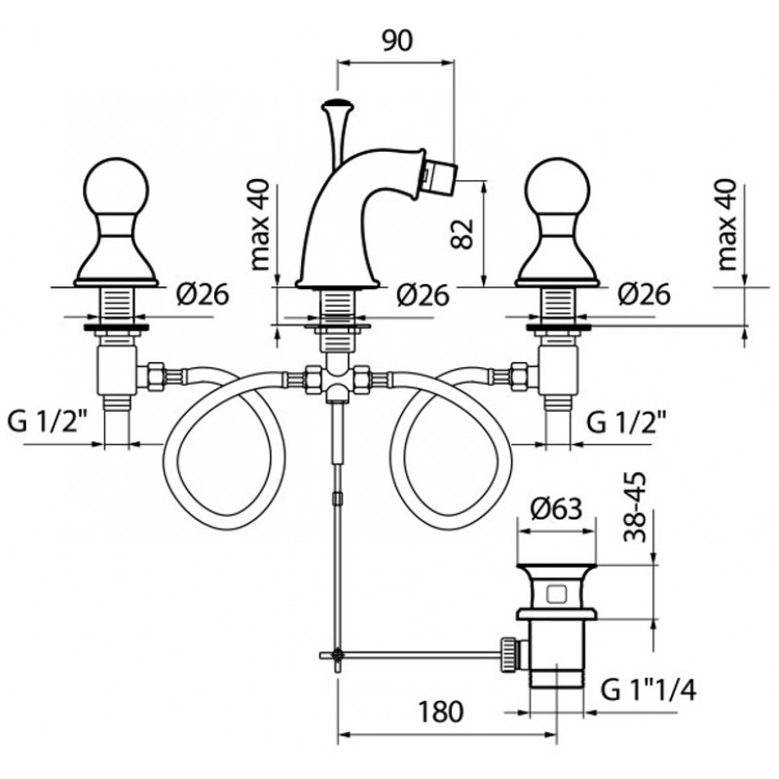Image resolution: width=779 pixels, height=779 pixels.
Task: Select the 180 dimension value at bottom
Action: click(441, 712)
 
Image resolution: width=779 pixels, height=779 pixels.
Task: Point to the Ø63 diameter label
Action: click(556, 508)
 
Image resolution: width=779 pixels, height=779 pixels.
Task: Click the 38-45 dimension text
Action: click(636, 506)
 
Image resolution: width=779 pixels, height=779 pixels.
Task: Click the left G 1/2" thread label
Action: click(48, 423)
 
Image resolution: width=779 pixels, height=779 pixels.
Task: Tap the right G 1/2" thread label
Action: click(626, 423)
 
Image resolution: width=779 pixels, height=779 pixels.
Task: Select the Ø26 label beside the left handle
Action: click(203, 295)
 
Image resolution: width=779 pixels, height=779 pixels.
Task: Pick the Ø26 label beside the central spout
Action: click(424, 296)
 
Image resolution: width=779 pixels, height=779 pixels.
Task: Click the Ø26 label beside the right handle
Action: click(645, 295)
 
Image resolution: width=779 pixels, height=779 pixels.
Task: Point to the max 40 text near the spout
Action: click(260, 225)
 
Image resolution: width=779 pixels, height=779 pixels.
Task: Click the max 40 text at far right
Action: click(728, 225)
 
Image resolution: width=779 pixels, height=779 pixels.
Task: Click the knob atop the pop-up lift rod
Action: click(337, 105)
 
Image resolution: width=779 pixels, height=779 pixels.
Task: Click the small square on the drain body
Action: click(556, 593)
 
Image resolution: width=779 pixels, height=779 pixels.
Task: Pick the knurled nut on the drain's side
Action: click(509, 653)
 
